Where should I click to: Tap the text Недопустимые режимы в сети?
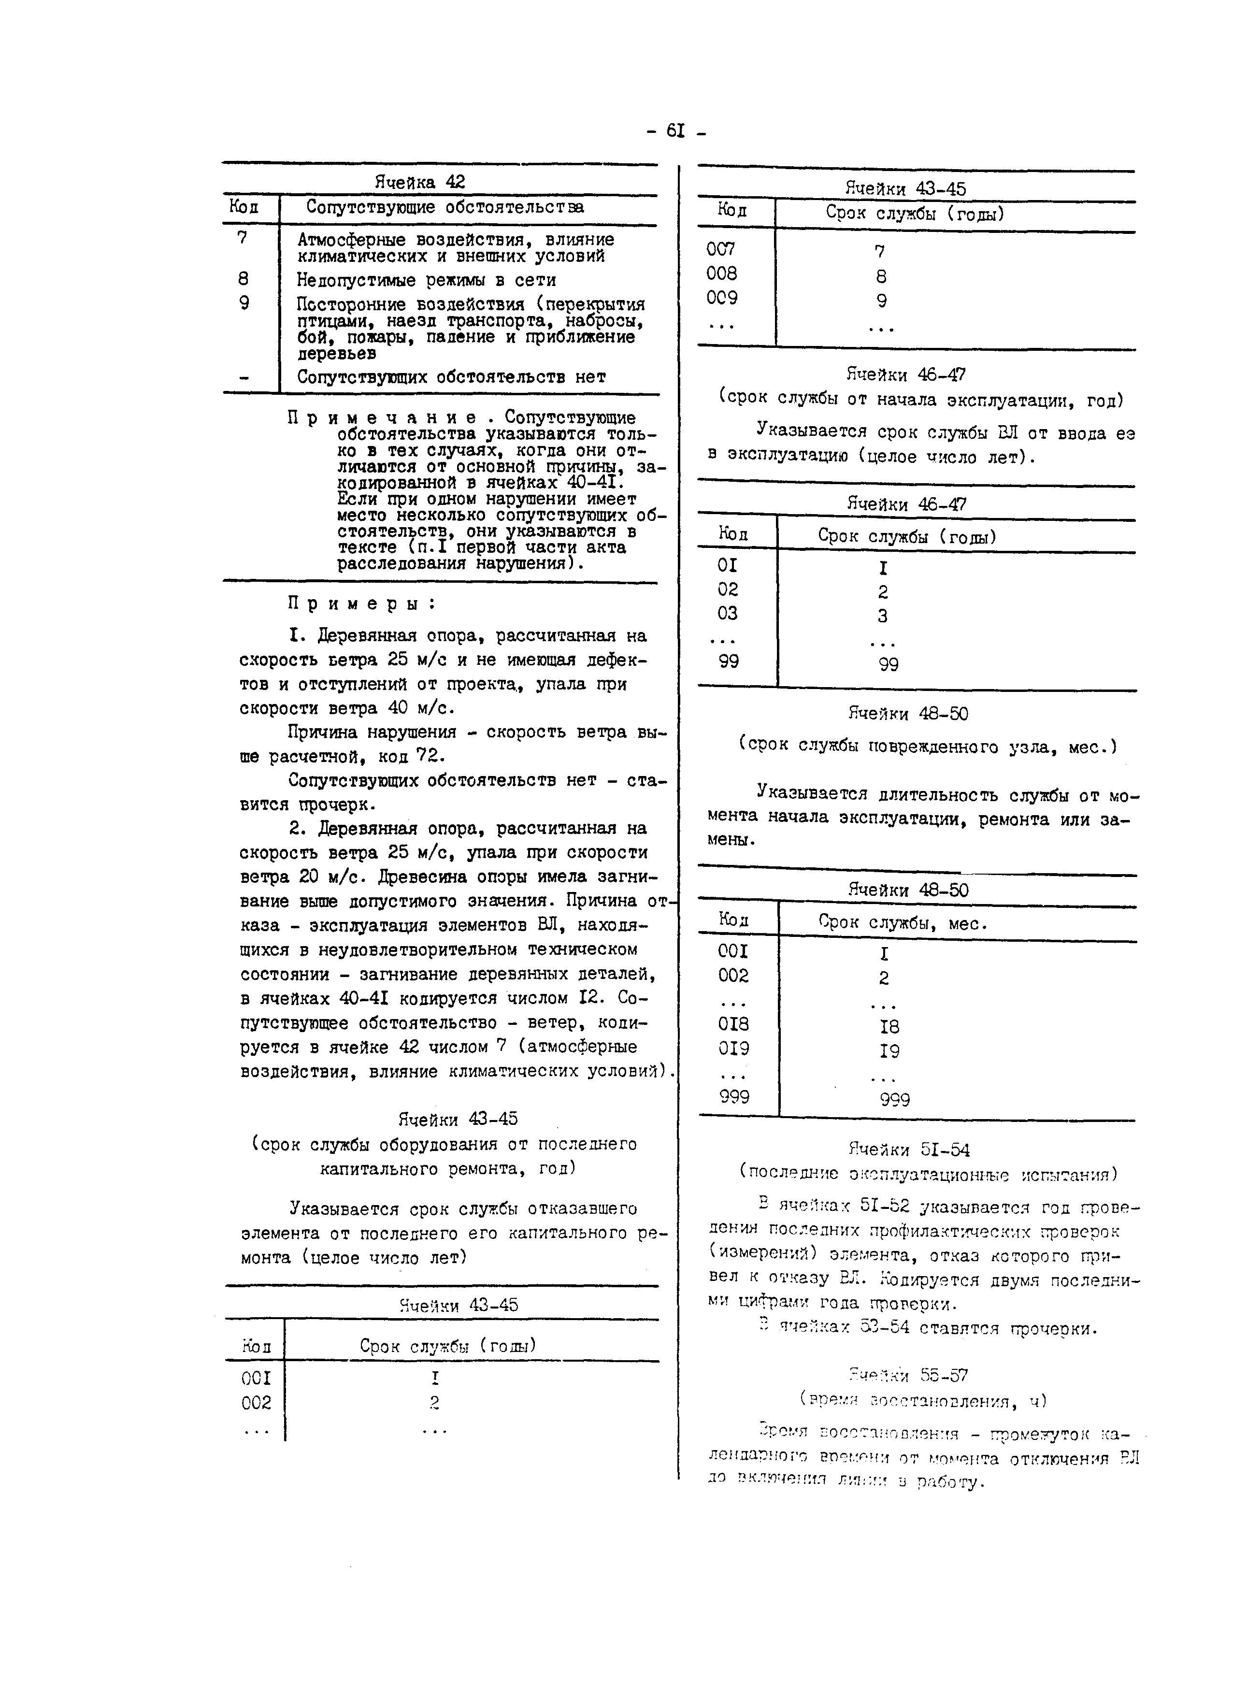tap(426, 280)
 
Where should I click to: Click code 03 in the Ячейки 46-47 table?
tap(727, 614)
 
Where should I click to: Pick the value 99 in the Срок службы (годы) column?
tap(889, 664)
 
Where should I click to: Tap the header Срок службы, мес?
tap(903, 923)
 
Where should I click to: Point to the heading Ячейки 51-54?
tap(908, 1150)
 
